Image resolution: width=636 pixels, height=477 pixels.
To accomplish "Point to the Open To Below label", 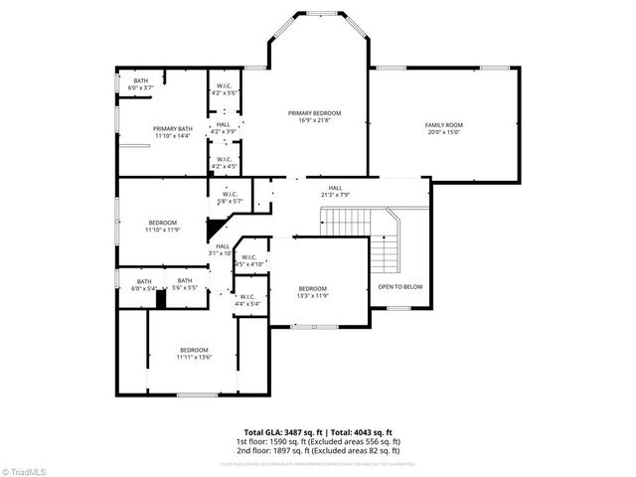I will point(399,286).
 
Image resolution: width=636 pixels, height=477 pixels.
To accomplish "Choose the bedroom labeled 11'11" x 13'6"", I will point(194,354).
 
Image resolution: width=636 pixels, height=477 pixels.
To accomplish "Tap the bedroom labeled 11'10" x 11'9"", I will point(163,226).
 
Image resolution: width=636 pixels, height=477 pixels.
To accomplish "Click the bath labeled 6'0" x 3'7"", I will point(141,84).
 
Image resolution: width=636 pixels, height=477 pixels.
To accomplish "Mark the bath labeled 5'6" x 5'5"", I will point(185,284).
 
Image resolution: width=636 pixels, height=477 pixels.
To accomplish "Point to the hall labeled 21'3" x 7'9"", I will point(336,191).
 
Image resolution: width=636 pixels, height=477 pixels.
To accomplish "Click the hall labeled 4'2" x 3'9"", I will point(223,128).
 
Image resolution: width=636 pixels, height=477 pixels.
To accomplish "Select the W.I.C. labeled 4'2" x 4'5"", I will point(225,162).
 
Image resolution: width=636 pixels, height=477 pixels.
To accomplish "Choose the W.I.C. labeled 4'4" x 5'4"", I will point(246,299).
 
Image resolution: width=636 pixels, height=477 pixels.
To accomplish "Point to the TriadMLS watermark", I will point(24,469).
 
